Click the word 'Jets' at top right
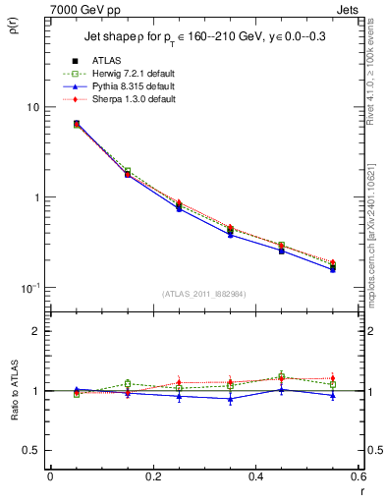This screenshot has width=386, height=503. pyautogui.click(x=350, y=8)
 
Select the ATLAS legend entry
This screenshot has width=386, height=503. pyautogui.click(x=107, y=60)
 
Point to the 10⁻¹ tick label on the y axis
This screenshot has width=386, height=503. pyautogui.click(x=31, y=287)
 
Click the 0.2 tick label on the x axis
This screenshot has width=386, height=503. pyautogui.click(x=152, y=476)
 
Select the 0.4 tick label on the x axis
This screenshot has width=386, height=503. pyautogui.click(x=255, y=476)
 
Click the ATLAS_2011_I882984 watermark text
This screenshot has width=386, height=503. pyautogui.click(x=202, y=294)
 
